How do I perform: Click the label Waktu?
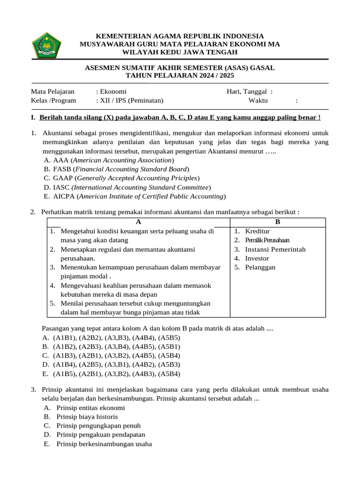259,100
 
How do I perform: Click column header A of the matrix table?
139,222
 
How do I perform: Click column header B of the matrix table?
277,222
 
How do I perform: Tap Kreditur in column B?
257,231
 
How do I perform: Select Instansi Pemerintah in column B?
275,249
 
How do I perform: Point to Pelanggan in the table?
260,267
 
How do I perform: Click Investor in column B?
257,258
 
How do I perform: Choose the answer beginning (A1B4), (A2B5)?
112,364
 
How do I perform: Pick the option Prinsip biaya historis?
87,416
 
